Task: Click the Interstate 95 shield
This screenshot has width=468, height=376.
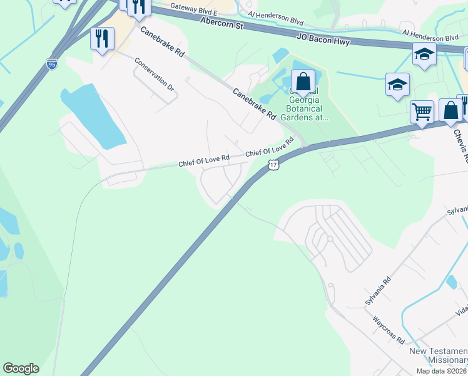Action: [x=51, y=63]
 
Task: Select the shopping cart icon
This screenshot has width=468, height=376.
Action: [x=422, y=112]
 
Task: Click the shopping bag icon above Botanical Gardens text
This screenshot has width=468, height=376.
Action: [x=303, y=81]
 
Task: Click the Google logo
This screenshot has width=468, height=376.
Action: [x=21, y=368]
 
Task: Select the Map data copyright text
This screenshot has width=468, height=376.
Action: [x=442, y=371]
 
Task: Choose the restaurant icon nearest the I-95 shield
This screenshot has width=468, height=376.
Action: [x=101, y=39]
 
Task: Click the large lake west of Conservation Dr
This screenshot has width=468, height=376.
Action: [x=94, y=116]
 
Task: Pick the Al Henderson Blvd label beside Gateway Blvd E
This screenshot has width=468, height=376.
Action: [x=275, y=17]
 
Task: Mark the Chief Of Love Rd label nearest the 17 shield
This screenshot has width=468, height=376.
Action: [x=270, y=149]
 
